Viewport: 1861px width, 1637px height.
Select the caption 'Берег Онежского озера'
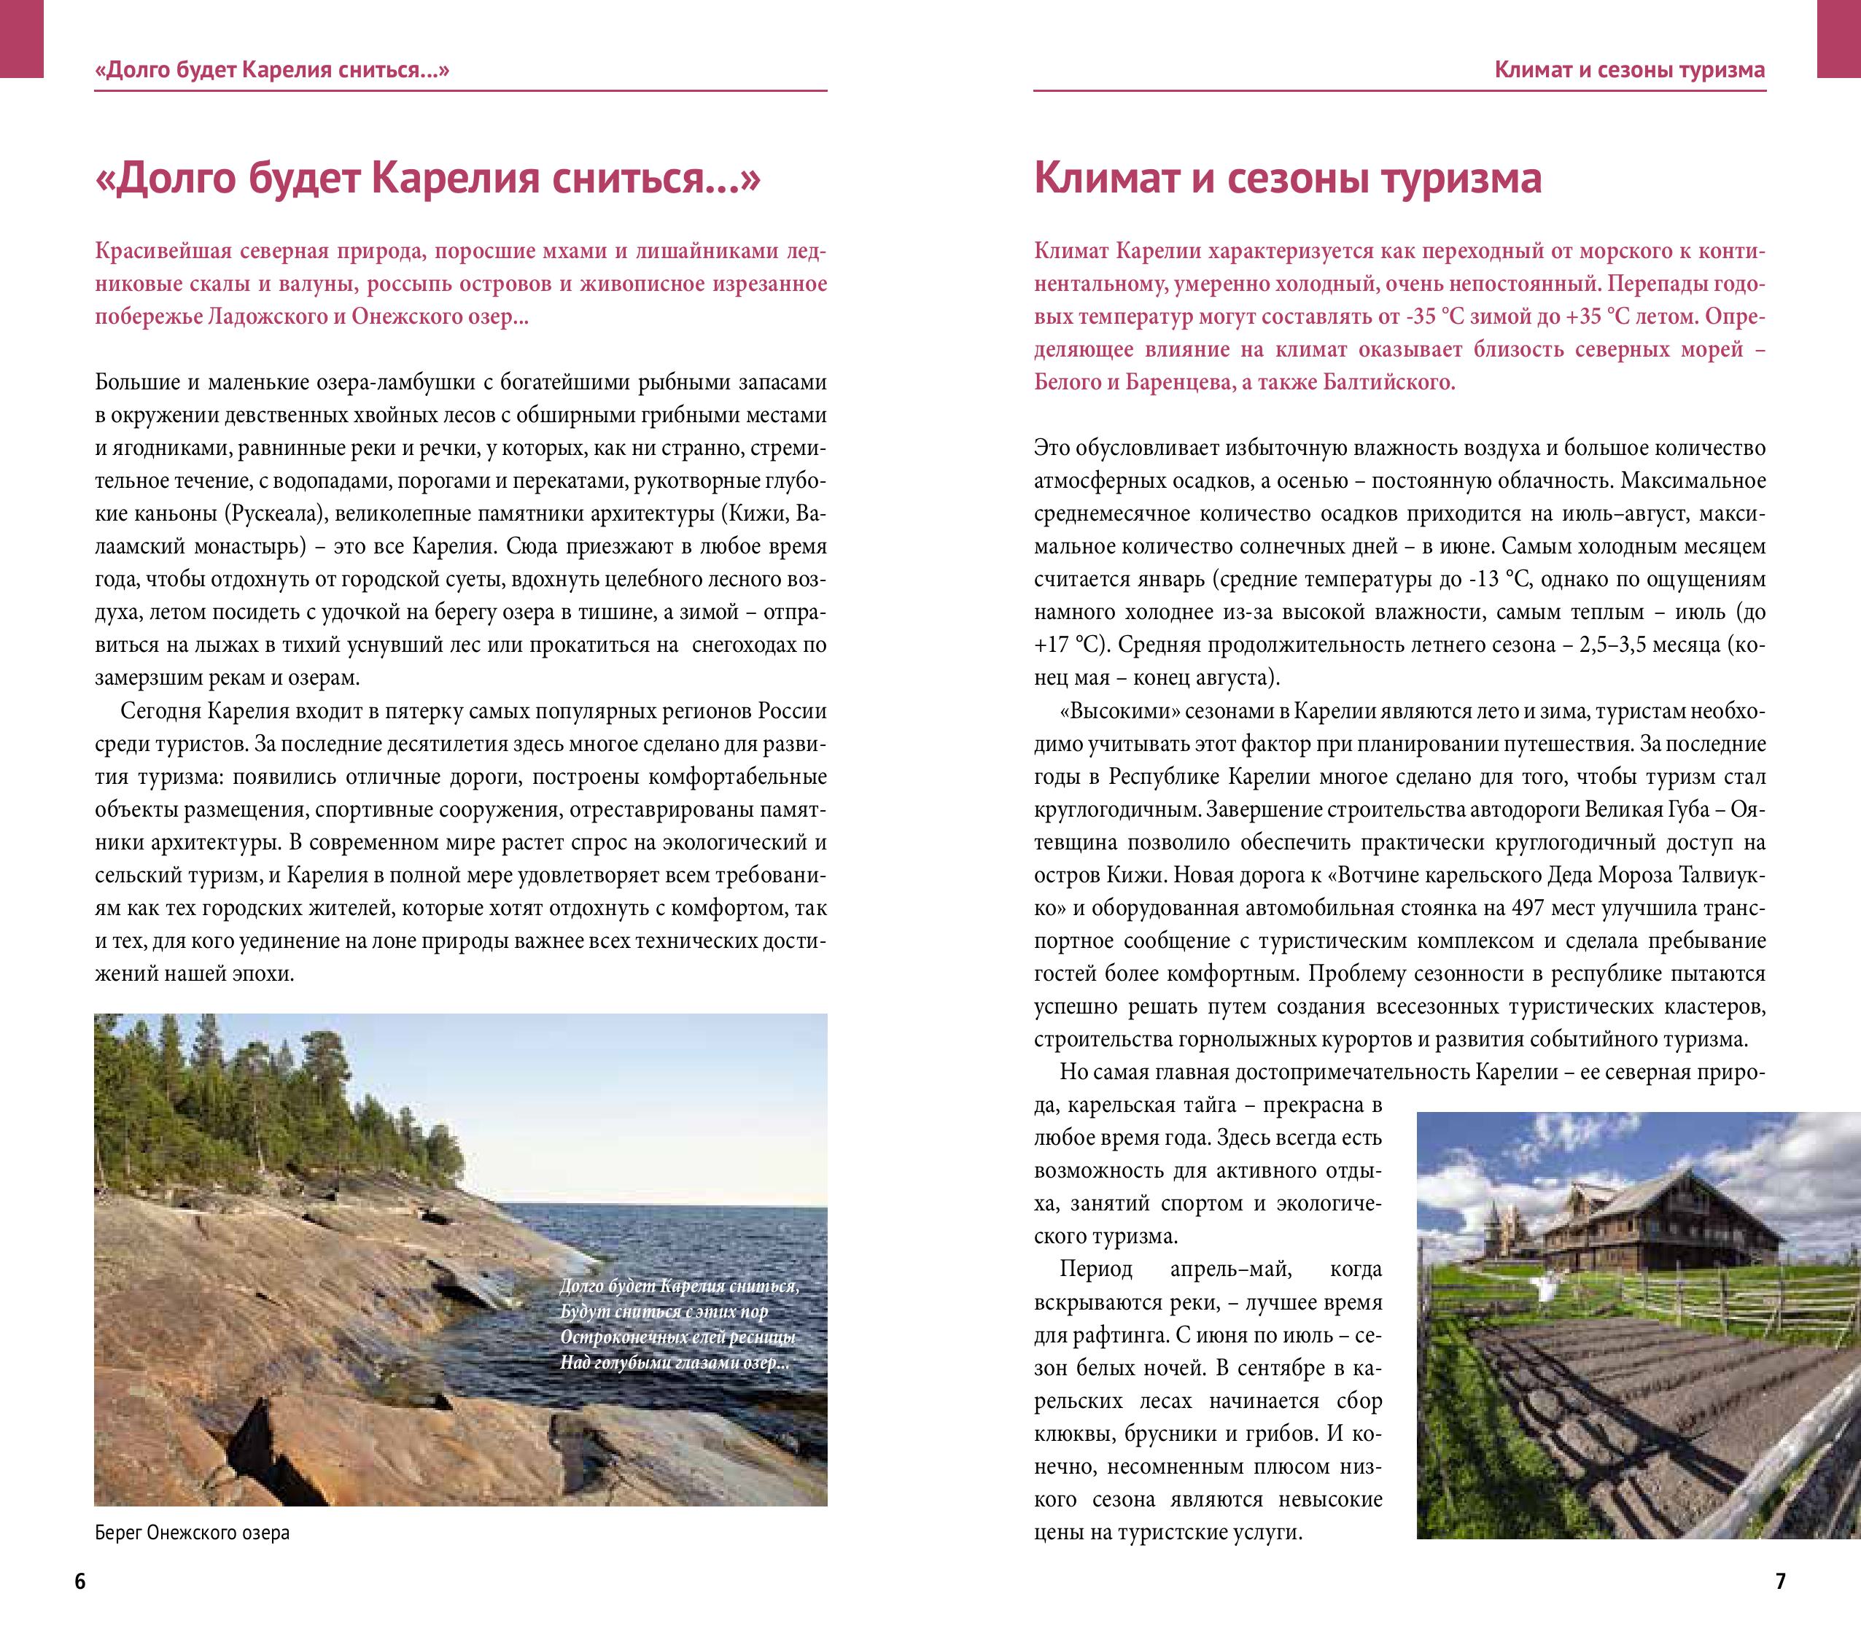tap(192, 1532)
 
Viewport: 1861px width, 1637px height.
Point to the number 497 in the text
tap(1526, 908)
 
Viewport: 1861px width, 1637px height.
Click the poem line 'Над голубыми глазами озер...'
tap(675, 1363)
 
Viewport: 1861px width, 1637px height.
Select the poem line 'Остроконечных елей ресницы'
tap(678, 1337)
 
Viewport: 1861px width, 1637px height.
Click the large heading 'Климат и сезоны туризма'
tap(1287, 177)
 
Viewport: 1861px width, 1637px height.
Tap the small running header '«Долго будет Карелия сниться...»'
tap(272, 70)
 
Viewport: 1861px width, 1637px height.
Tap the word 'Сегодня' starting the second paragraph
tap(161, 711)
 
